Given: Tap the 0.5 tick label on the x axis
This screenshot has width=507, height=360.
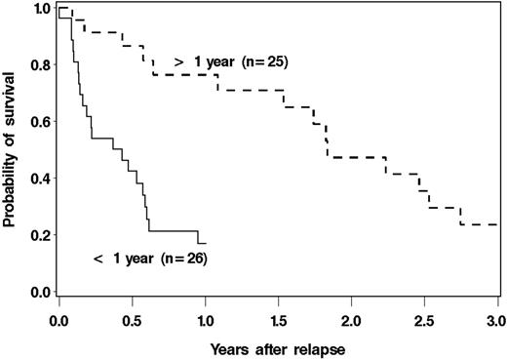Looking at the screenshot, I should coord(132,319).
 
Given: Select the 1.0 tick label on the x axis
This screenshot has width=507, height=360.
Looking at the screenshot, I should coord(205,319).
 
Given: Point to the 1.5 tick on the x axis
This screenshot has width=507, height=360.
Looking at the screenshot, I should coord(278,319).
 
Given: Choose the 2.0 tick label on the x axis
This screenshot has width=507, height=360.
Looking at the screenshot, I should coord(351,319).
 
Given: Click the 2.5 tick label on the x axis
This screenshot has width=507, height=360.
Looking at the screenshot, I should coord(424,319).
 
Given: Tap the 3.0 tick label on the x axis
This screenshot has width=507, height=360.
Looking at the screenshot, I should coord(496,319).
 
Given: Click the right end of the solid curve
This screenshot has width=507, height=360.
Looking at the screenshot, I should coord(205,243).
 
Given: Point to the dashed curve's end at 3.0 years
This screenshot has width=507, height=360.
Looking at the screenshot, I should coord(496,224).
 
